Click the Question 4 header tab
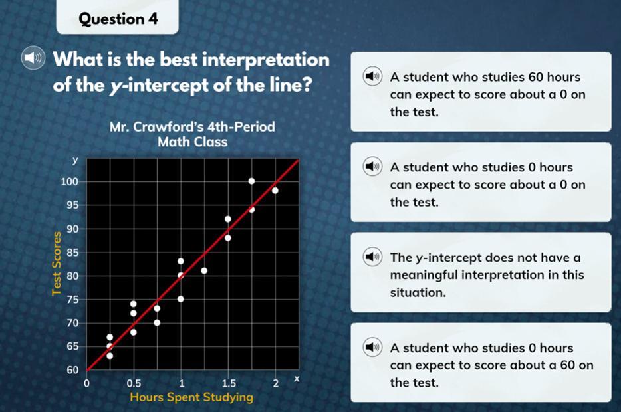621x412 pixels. [118, 17]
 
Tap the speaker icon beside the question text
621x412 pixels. [33, 58]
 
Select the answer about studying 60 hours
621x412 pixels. [481, 92]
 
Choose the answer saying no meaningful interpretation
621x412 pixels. [481, 272]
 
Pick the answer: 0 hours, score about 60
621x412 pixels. [481, 363]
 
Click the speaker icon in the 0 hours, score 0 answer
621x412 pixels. [372, 167]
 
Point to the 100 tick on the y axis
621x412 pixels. [69, 182]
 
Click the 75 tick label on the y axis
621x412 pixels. [72, 300]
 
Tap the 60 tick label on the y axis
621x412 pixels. [72, 370]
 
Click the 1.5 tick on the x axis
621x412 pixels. [229, 383]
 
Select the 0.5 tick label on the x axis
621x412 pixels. [134, 383]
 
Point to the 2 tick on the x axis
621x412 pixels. [276, 383]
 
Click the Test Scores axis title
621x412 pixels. [57, 264]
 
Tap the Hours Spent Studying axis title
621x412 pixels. [191, 397]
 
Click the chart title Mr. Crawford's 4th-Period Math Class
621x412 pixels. [192, 134]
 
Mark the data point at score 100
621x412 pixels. [251, 181]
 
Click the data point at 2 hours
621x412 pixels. [275, 191]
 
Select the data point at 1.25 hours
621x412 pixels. [204, 270]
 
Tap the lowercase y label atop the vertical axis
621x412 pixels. [75, 161]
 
